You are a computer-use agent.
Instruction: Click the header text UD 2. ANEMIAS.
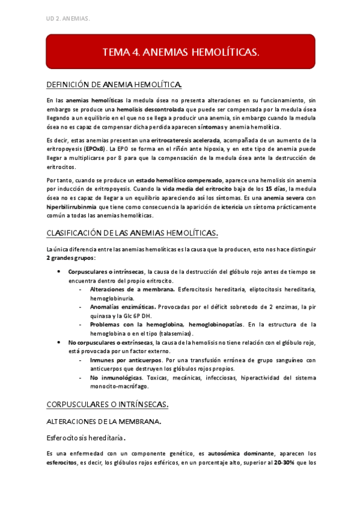67,19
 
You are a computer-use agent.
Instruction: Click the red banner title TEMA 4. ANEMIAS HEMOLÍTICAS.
181,52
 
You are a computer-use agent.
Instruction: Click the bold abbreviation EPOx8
94,148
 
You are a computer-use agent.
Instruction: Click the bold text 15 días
263,189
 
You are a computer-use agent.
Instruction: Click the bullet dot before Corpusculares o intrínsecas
58,271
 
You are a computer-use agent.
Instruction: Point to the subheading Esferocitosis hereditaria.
89,437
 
